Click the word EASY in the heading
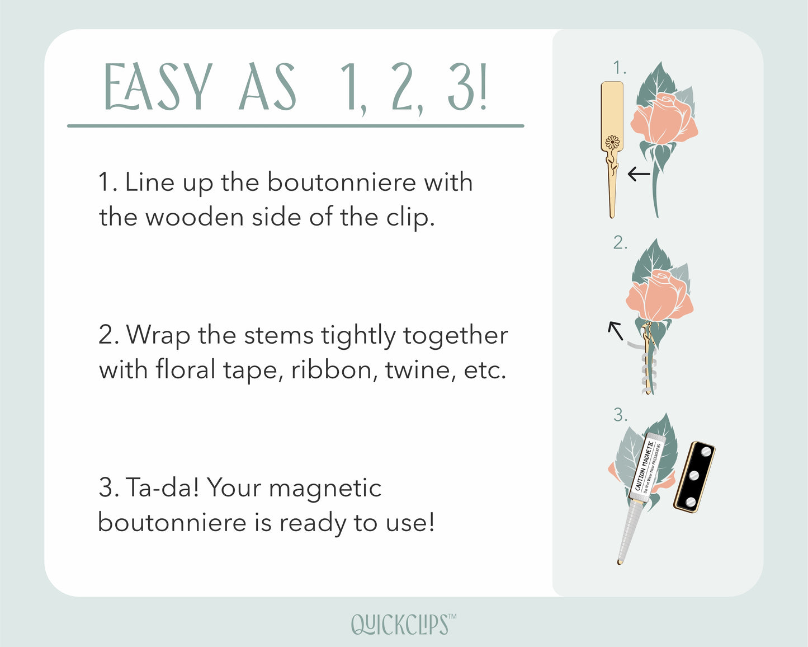coord(158,87)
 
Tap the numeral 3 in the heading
coord(462,87)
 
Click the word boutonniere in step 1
coord(342,182)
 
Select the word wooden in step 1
coord(195,217)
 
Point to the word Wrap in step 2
coord(158,336)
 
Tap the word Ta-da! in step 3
coord(162,487)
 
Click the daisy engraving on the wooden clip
coord(612,143)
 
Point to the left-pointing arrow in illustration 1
coord(639,174)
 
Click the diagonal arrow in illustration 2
coord(616,331)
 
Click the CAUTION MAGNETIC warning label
coord(647,466)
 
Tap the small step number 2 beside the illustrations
coord(620,242)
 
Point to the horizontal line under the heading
coord(295,126)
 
